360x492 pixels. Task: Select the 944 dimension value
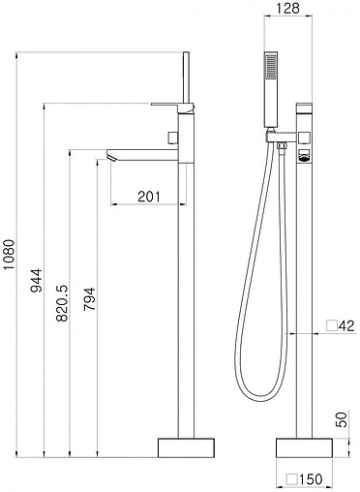click(x=36, y=280)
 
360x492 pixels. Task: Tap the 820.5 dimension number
click(x=62, y=303)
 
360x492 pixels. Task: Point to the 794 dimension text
click(x=89, y=298)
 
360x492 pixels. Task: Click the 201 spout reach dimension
click(x=149, y=196)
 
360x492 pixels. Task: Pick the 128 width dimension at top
click(x=288, y=8)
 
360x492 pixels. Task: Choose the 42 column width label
click(x=346, y=325)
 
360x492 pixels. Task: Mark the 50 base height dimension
click(x=343, y=419)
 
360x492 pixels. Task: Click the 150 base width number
click(x=311, y=479)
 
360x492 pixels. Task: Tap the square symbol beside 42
click(x=331, y=325)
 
